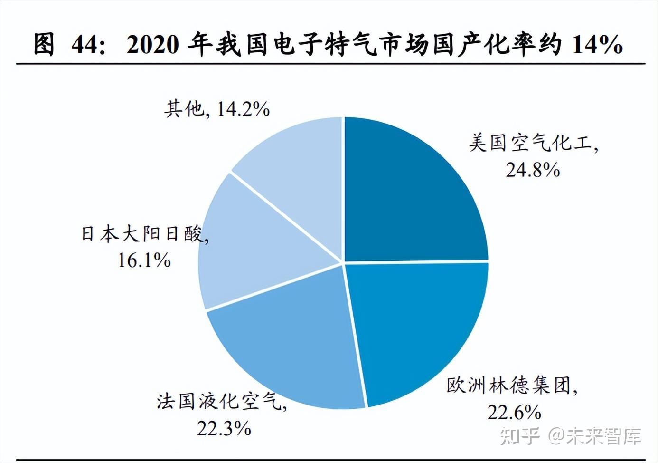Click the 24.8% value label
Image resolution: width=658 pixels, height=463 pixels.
click(x=533, y=170)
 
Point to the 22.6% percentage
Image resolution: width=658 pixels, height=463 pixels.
click(x=514, y=412)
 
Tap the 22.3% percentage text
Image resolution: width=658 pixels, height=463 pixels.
click(x=224, y=429)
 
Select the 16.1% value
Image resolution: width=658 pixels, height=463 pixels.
click(x=144, y=260)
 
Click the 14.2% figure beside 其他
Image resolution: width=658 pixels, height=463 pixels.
click(x=243, y=109)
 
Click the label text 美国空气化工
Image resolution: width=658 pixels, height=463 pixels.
click(x=532, y=143)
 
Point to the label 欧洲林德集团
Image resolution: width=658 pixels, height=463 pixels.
click(x=510, y=386)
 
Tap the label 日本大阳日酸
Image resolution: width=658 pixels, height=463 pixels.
click(x=143, y=233)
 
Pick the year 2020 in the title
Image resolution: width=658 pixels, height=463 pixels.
click(x=152, y=44)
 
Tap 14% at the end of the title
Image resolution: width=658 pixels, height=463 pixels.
click(x=597, y=44)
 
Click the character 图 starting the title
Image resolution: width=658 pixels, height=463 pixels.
click(x=44, y=44)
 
